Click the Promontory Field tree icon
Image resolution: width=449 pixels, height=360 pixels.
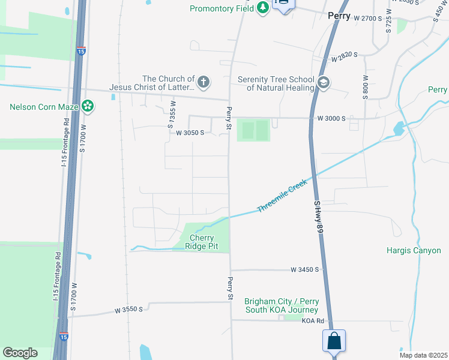pyautogui.click(x=262, y=8)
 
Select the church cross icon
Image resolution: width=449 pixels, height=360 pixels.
pyautogui.click(x=203, y=82)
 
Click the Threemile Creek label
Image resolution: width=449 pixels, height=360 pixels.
pyautogui.click(x=282, y=196)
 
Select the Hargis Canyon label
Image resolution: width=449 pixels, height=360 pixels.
pyautogui.click(x=414, y=250)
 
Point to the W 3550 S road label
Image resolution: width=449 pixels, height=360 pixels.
pyautogui.click(x=129, y=310)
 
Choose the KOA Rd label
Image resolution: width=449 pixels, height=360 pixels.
pyautogui.click(x=313, y=321)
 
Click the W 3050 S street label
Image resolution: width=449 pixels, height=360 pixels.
pyautogui.click(x=190, y=133)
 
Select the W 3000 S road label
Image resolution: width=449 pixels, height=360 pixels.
pyautogui.click(x=331, y=119)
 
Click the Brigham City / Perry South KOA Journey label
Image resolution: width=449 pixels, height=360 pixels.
pyautogui.click(x=282, y=305)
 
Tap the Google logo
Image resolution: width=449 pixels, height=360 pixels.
pyautogui.click(x=20, y=353)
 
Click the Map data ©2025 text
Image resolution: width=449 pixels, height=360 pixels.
pyautogui.click(x=423, y=355)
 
